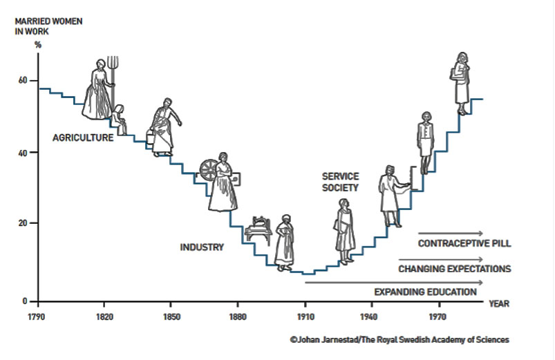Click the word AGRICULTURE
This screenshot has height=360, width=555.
83,138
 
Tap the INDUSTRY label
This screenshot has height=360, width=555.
202,247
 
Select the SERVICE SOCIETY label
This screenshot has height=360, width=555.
340,182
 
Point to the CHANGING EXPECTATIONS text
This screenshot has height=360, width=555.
454,268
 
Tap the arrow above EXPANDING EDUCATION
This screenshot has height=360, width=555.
394,282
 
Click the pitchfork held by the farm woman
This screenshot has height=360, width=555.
115,73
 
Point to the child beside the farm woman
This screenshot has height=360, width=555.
120,118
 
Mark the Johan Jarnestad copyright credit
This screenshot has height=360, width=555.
400,339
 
